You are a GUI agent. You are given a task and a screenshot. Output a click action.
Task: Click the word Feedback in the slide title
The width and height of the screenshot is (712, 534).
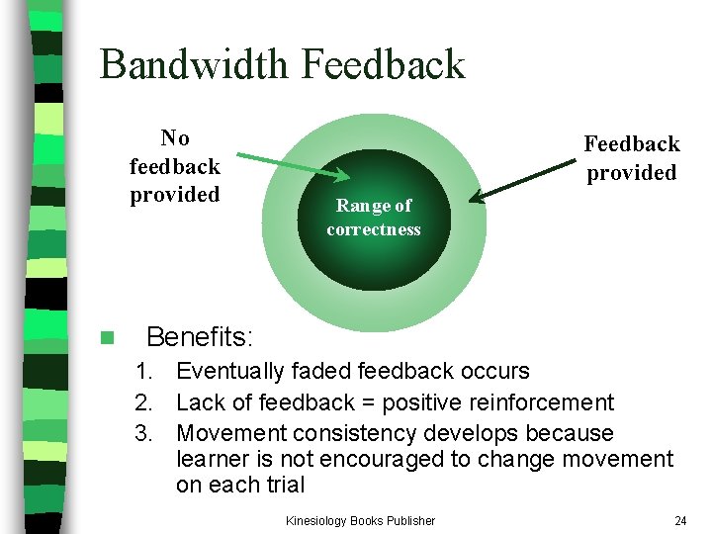coord(383,65)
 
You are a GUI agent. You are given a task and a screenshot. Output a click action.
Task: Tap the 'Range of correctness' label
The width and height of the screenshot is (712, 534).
coord(374,218)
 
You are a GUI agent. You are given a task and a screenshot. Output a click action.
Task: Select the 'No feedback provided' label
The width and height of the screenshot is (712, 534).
coord(175,166)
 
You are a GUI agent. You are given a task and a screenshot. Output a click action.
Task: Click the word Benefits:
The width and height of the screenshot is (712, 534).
coord(200,337)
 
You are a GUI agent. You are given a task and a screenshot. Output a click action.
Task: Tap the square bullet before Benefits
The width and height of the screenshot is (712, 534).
coord(107,338)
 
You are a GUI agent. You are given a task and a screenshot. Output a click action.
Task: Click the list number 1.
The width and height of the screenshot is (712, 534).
coord(144,372)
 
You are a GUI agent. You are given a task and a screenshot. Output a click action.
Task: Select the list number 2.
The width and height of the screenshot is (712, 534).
coord(144,402)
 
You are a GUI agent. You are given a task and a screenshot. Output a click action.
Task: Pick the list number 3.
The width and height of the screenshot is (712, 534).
coord(144,433)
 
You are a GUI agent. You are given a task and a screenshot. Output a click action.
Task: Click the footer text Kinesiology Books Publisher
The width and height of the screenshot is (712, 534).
coord(360,520)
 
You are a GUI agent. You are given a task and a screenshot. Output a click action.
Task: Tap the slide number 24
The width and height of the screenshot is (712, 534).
coord(679,520)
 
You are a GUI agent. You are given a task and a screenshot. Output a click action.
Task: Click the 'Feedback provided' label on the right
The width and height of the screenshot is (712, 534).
coord(631,158)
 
